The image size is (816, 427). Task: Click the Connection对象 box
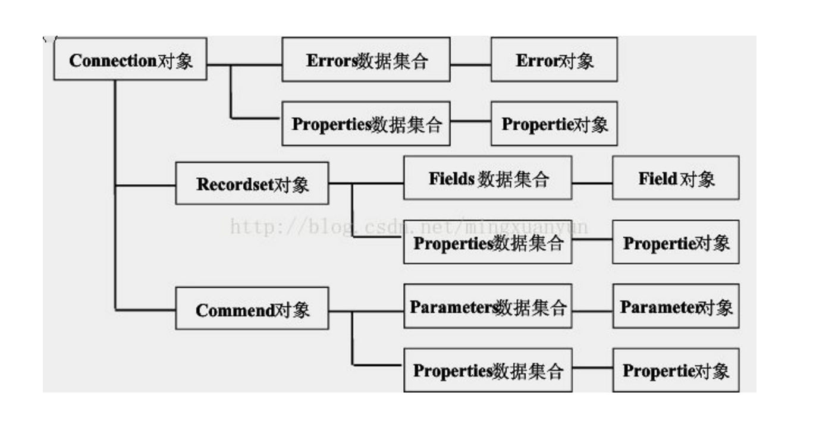tap(130, 59)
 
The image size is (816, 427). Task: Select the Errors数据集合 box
tap(366, 59)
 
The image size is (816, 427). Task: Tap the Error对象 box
tap(554, 59)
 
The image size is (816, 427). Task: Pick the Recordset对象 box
tap(252, 183)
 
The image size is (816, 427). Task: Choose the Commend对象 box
tap(252, 309)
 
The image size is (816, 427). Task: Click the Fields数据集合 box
tap(488, 178)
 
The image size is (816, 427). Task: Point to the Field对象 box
tap(676, 178)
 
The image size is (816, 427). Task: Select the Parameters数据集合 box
tap(488, 306)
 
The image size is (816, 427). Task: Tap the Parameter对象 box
tap(676, 306)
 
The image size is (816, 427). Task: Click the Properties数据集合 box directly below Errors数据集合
tap(366, 124)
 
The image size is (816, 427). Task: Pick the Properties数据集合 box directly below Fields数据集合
tap(488, 242)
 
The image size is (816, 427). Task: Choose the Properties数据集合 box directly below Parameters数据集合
tap(488, 370)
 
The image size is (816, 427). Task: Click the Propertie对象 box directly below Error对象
tap(554, 124)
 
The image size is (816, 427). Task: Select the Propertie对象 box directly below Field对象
tap(676, 242)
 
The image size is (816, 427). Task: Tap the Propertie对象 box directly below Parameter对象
tap(676, 370)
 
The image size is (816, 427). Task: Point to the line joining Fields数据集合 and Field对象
tap(592, 183)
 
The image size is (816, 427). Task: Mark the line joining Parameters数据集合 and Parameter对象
tap(592, 310)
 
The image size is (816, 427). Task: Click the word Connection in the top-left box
tap(112, 60)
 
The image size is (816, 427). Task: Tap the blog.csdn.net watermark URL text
tap(409, 227)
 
